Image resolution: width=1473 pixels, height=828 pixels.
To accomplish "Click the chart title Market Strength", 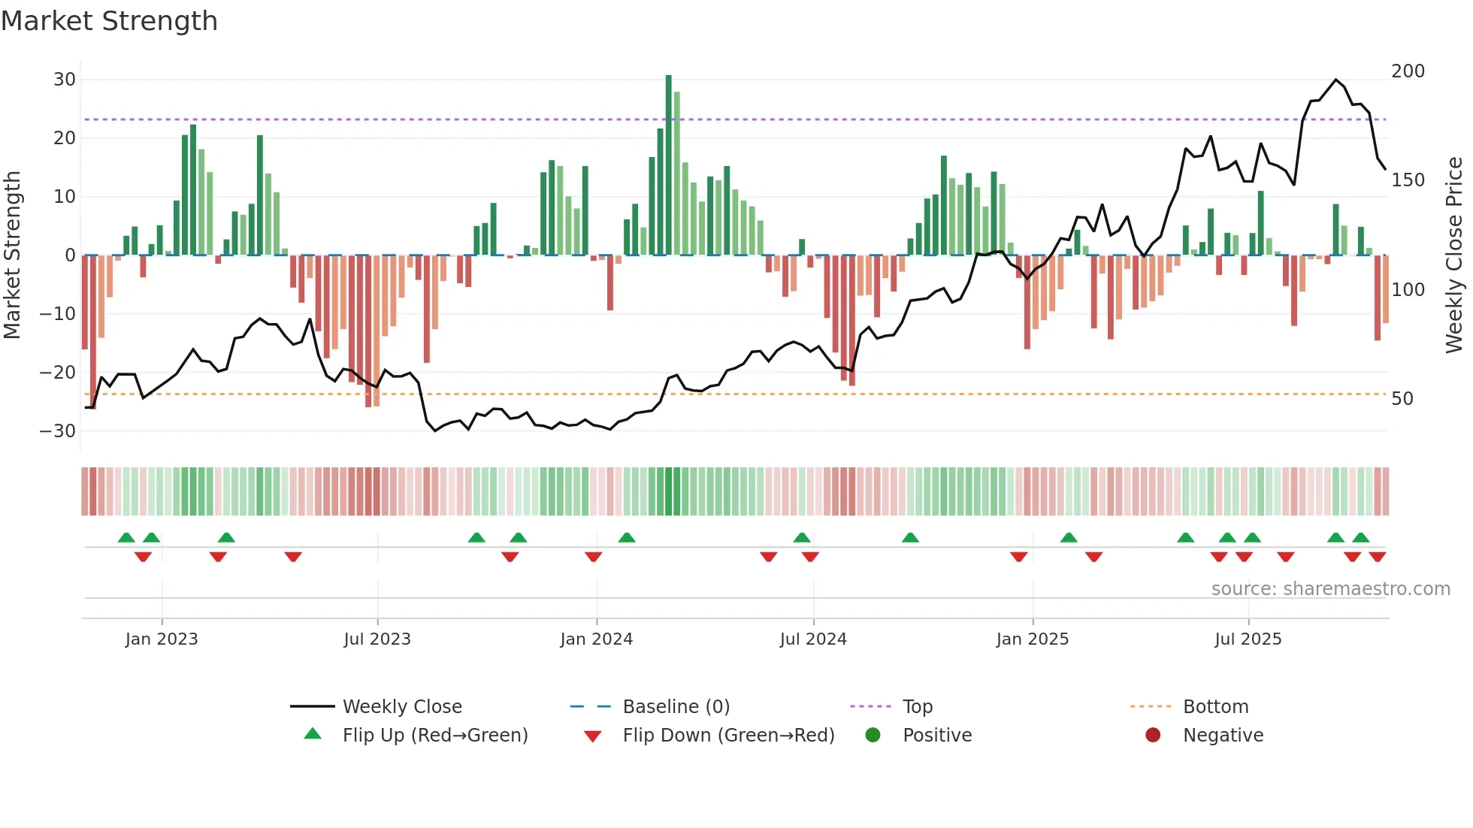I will [109, 21].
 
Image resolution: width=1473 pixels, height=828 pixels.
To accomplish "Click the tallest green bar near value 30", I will [668, 165].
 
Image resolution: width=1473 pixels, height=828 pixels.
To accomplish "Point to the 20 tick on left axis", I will [64, 138].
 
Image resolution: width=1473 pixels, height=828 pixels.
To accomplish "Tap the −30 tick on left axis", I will [58, 431].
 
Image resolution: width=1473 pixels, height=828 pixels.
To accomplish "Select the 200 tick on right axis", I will [1408, 71].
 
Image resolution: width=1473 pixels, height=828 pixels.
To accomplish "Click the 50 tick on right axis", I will [1402, 399].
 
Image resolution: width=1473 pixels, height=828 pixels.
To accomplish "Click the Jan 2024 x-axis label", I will [596, 639].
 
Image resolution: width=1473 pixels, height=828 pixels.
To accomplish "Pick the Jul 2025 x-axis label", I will [1248, 639].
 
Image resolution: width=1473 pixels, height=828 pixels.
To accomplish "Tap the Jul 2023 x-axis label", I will [377, 639].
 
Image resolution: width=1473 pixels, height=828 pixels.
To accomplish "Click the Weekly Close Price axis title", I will [1454, 255].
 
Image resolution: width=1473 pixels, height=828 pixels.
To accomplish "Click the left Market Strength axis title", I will [12, 255].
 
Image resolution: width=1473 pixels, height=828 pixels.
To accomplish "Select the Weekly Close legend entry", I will [401, 707].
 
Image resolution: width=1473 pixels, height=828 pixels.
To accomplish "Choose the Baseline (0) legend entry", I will [676, 707].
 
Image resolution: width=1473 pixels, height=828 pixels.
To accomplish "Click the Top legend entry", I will [917, 707].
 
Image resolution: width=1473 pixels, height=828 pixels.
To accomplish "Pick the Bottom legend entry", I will [1215, 707].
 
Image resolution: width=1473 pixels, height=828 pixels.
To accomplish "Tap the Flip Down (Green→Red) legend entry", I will [727, 736].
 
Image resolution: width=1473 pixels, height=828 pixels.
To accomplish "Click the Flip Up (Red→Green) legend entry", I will [434, 736].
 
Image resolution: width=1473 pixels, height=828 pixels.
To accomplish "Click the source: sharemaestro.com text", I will [1330, 589].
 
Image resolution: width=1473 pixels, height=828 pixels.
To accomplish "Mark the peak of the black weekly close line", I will [1335, 80].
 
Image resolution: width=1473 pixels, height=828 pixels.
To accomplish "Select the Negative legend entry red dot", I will [1153, 735].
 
